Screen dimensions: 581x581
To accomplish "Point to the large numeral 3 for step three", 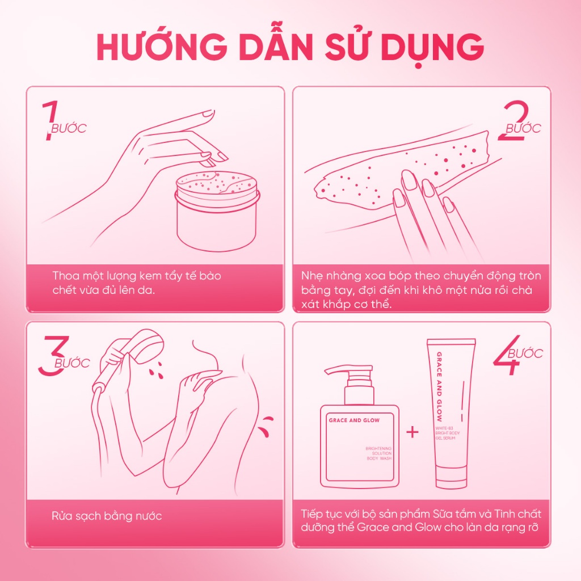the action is point(54,355).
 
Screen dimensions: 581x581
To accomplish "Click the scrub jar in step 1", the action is point(217,210).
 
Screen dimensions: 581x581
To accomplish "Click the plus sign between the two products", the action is point(412,432).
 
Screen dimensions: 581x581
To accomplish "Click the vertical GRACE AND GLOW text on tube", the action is point(440,386).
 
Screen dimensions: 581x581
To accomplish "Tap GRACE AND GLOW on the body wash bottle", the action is point(354,420).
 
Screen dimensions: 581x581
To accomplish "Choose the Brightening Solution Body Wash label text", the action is point(378,453).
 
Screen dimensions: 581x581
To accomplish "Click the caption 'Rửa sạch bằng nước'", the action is point(107,516).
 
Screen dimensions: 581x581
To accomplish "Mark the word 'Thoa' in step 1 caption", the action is point(66,276).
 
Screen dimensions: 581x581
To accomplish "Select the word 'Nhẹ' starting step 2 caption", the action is point(313,276).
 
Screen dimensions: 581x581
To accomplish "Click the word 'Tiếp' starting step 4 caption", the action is point(311,514).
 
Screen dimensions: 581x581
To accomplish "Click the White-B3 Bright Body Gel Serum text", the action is point(447,433).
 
